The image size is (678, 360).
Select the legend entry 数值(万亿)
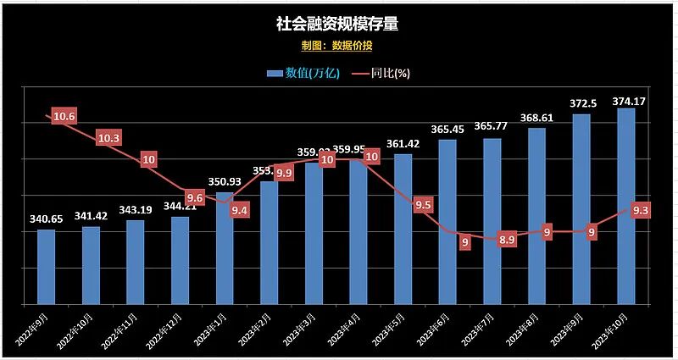coord(303,73)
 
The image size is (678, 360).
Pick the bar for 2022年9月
coord(46,266)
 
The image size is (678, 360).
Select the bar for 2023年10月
coord(626,206)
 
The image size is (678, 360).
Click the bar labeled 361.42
coord(403,229)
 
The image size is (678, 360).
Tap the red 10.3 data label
coord(108,137)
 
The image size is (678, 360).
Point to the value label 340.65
coord(46,219)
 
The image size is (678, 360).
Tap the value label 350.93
coord(225,182)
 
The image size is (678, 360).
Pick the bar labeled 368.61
coord(536,215)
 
